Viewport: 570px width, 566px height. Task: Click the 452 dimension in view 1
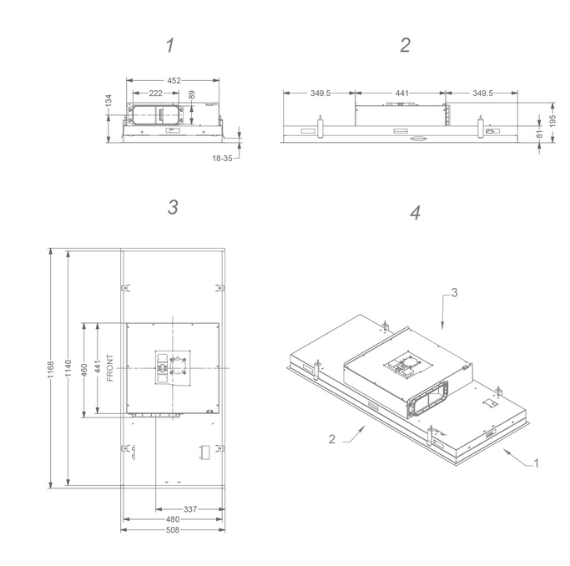[174, 80]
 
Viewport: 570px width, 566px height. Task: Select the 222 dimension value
[155, 93]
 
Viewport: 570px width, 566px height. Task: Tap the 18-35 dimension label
[222, 159]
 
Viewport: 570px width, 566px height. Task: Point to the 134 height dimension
[108, 101]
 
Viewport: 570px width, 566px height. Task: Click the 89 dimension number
[192, 95]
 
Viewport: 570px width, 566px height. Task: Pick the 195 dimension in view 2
[552, 121]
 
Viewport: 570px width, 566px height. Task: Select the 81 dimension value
[539, 134]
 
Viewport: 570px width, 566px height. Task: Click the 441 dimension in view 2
[401, 93]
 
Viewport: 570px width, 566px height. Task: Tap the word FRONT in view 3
[110, 368]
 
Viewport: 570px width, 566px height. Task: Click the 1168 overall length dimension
[51, 369]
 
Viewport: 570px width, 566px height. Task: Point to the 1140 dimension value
[68, 368]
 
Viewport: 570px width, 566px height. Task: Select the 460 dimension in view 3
[84, 370]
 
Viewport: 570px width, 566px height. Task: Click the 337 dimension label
[190, 509]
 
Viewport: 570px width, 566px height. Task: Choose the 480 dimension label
[173, 519]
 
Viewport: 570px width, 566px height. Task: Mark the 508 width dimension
[173, 530]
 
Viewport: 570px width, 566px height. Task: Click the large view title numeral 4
[415, 213]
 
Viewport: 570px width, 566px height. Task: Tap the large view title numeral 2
[406, 45]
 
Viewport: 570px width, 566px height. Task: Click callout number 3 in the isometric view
[454, 293]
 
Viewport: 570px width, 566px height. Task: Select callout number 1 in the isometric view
[536, 463]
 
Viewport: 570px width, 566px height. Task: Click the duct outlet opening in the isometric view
[428, 399]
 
